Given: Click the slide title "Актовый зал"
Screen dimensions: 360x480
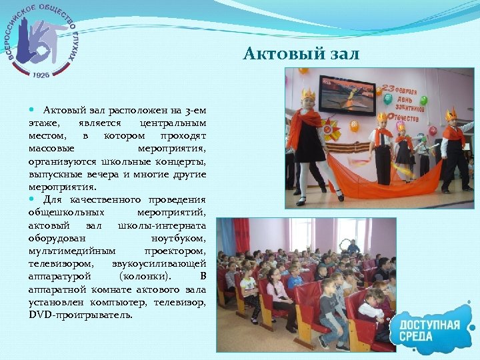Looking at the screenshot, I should coord(301,53).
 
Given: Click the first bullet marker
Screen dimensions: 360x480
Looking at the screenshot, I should coord(33,109).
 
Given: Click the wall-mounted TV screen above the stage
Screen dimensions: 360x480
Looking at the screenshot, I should coord(347,95).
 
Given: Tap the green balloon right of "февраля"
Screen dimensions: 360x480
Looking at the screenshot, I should coord(423,100).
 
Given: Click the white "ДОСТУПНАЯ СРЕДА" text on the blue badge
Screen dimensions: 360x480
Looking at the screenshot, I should coord(430,330).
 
